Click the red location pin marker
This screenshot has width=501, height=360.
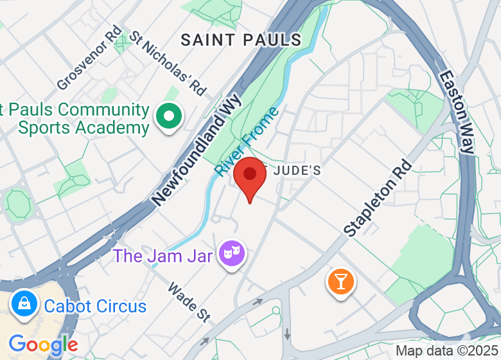tap(250, 175)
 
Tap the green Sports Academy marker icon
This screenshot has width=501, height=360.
tap(170, 116)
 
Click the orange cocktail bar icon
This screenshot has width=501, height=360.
tap(340, 282)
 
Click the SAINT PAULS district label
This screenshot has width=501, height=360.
tap(241, 40)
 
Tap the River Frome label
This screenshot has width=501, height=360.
tap(247, 142)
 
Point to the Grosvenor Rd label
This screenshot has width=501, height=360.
tap(89, 58)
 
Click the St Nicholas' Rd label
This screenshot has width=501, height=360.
tap(168, 63)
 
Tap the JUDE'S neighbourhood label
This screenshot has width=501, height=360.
tap(297, 171)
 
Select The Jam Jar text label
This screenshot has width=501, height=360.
tap(164, 255)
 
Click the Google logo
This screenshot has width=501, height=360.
tap(43, 345)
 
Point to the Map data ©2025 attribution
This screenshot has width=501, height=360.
tap(446, 351)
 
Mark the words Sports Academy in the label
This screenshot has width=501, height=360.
tap(83, 127)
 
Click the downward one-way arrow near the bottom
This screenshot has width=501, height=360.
tap(287, 334)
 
